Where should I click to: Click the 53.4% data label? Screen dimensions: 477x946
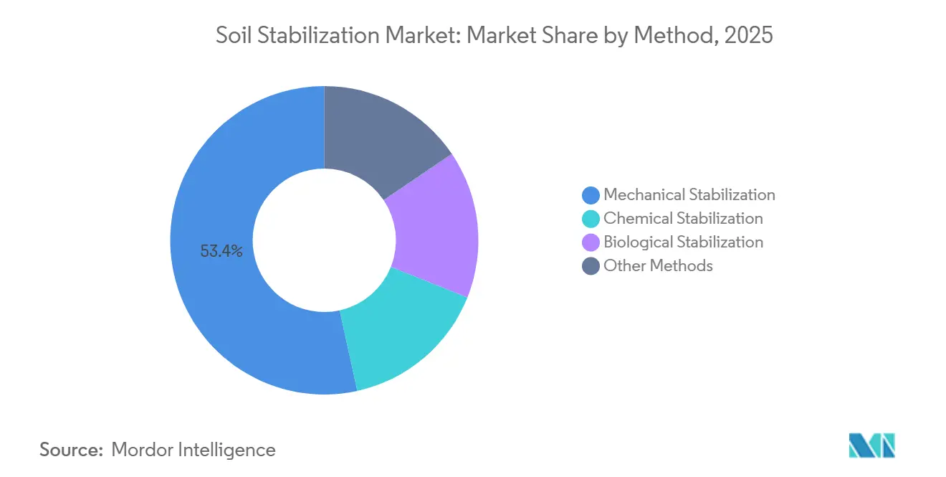(x=221, y=251)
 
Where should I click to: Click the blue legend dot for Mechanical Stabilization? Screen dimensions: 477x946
(x=591, y=194)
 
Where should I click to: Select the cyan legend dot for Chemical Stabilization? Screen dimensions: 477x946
(x=591, y=218)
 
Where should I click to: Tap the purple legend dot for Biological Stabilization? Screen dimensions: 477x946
(x=591, y=242)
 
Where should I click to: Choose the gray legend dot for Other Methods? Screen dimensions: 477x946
(x=591, y=265)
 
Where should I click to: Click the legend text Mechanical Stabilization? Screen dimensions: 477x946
(x=689, y=194)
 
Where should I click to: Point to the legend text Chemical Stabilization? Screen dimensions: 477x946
(x=683, y=218)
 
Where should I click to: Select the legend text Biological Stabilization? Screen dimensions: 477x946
(x=683, y=242)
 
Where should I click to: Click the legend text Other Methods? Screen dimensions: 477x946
(x=658, y=265)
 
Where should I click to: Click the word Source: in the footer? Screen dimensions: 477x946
(x=72, y=450)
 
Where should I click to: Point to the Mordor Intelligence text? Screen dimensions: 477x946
(x=193, y=450)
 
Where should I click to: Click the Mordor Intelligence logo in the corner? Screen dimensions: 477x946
(x=871, y=445)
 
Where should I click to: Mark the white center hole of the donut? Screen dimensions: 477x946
(x=324, y=240)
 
